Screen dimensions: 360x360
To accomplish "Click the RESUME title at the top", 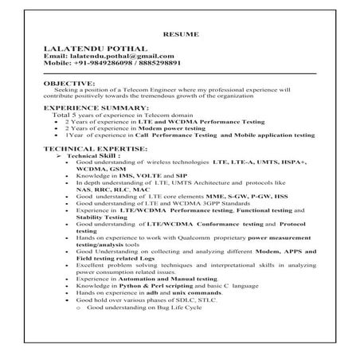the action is (179, 34).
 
